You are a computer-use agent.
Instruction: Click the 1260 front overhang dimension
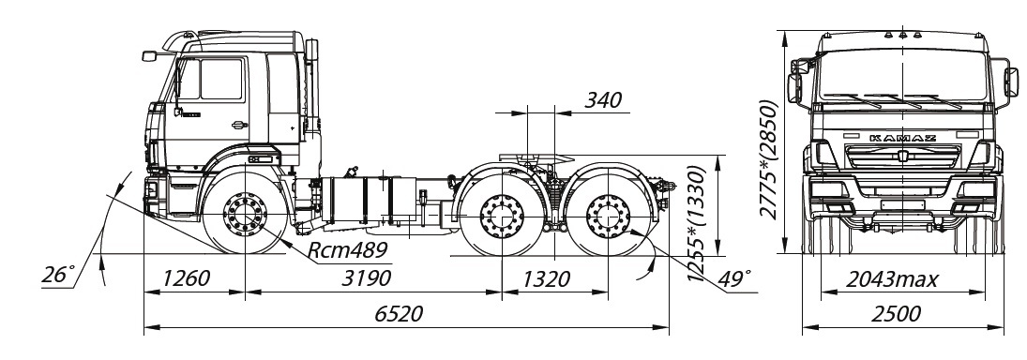click(x=186, y=278)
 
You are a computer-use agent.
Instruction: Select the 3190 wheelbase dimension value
click(x=367, y=277)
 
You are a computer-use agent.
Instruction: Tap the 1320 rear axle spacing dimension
click(x=546, y=279)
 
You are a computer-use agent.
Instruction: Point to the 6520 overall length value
click(x=399, y=313)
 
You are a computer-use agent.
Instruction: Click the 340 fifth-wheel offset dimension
click(x=602, y=101)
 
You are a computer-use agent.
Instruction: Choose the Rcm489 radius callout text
click(x=348, y=250)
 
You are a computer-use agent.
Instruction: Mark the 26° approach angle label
click(x=58, y=275)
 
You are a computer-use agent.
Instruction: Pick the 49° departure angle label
click(x=733, y=278)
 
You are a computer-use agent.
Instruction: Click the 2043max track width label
click(x=892, y=279)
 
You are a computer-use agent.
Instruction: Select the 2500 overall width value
click(x=896, y=314)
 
